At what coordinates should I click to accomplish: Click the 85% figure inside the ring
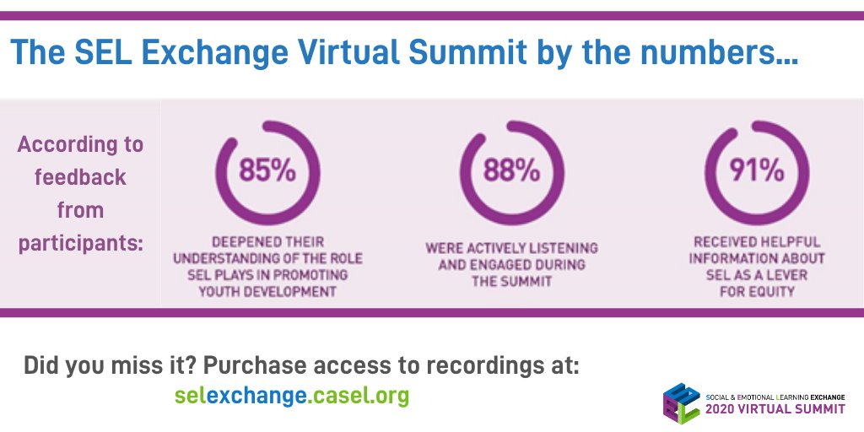click(x=267, y=170)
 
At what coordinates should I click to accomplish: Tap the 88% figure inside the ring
click(x=511, y=170)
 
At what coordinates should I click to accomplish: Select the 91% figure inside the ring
click(x=756, y=170)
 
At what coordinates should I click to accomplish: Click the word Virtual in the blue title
click(x=365, y=55)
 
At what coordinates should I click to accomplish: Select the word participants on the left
click(x=81, y=244)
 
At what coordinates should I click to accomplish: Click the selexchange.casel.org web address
click(x=292, y=395)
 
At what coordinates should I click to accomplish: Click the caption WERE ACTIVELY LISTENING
click(x=511, y=248)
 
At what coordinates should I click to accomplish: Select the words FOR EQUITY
click(x=756, y=292)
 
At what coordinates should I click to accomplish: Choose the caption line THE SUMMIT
click(x=511, y=281)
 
